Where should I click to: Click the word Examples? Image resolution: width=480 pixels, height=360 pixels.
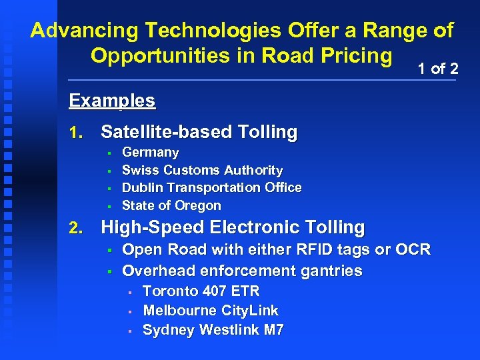[112, 101]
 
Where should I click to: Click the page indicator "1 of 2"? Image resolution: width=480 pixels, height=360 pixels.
[437, 68]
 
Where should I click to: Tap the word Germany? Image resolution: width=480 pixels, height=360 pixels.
[151, 152]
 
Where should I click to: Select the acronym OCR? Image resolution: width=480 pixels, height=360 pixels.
[413, 250]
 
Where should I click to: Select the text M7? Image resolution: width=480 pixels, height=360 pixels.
[271, 330]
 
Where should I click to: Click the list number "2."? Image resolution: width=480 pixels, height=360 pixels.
[76, 228]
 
